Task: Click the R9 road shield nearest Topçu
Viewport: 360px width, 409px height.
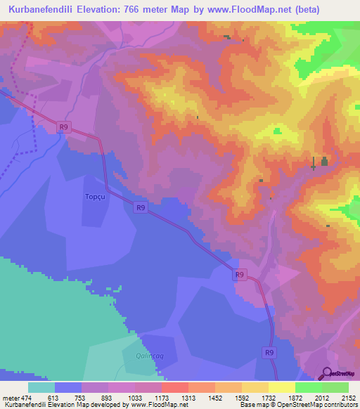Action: coord(141,207)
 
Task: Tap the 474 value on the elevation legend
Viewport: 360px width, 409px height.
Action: coord(25,397)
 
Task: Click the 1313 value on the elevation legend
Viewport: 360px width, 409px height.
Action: coord(187,397)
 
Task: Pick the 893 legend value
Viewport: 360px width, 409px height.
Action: coord(106,397)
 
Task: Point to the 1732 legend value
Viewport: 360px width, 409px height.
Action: coord(268,397)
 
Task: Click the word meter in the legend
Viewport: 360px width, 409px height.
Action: coord(9,397)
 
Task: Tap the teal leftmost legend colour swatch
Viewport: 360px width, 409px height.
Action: coord(41,387)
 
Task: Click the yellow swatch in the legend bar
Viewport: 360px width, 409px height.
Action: coord(281,387)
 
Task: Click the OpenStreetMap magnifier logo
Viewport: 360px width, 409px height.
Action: coord(327,372)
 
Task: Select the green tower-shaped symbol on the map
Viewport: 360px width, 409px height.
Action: coord(314,163)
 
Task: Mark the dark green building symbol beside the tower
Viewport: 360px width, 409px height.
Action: coord(324,162)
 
